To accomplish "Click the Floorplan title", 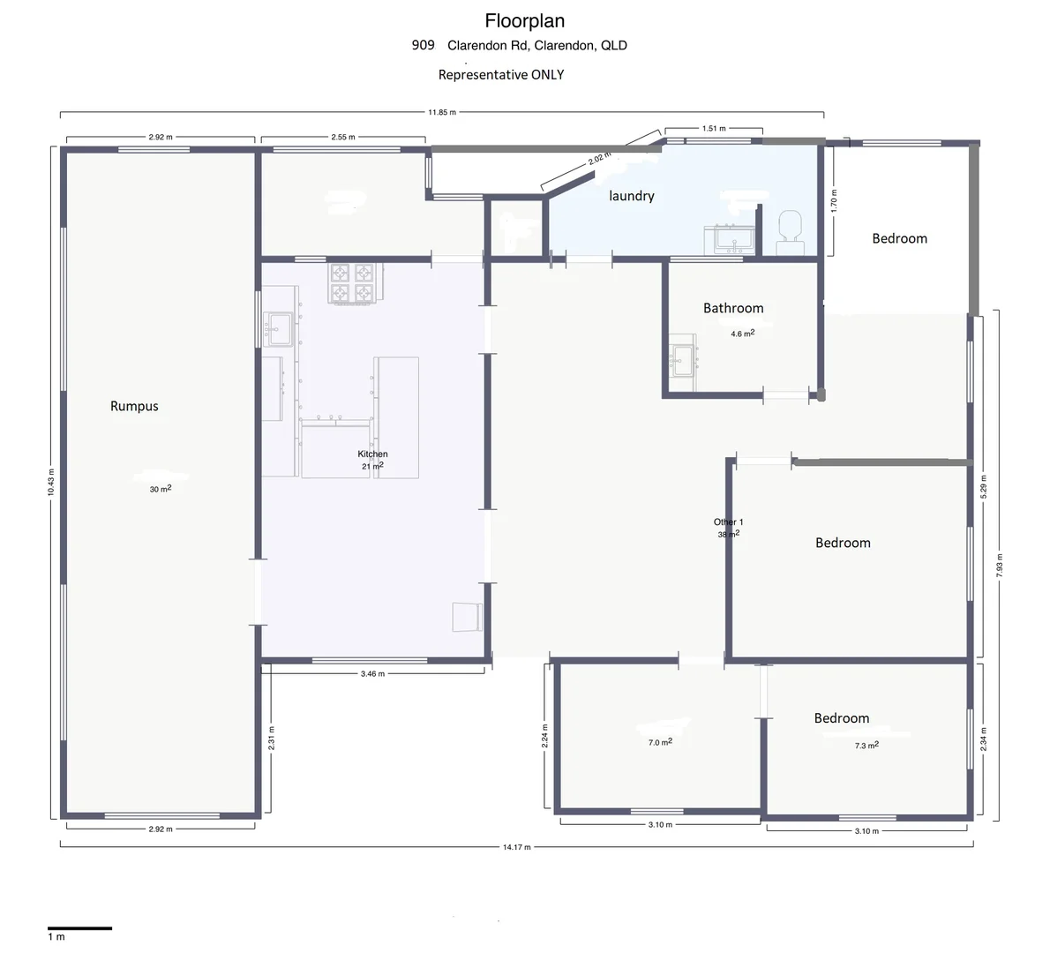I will (x=524, y=20).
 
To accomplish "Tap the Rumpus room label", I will (x=134, y=406).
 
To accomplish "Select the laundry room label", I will (x=632, y=196).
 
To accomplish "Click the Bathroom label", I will (x=733, y=308).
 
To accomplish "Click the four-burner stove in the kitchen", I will (x=353, y=282).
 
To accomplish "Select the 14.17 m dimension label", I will (x=516, y=847).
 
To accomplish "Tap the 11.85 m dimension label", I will (x=441, y=113).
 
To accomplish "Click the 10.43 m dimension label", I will (x=51, y=483).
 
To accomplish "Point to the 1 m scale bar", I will (x=79, y=928).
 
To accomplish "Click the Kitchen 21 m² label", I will (x=372, y=460).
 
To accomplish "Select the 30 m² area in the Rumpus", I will (x=161, y=489).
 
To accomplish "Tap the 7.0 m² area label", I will (x=660, y=743).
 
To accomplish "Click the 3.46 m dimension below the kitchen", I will (x=373, y=673).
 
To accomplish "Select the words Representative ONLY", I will (x=501, y=75).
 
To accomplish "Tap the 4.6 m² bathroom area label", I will (x=742, y=334).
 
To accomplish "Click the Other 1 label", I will (x=728, y=522).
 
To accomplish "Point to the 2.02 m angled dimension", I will (x=599, y=160).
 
